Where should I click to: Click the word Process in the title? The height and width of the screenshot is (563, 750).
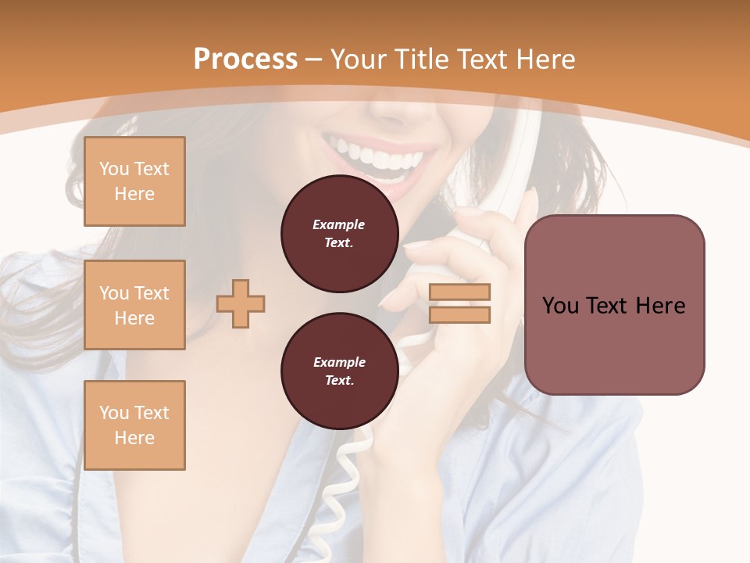point(245,59)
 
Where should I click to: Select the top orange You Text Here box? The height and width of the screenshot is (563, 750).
point(134,181)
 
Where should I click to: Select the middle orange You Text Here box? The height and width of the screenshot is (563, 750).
point(134,305)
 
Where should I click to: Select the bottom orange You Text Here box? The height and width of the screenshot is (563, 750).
point(134,425)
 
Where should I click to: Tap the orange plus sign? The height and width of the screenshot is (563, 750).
point(241,303)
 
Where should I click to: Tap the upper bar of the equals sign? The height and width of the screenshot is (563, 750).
point(459,292)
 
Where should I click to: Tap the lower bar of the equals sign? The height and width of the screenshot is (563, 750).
point(459,314)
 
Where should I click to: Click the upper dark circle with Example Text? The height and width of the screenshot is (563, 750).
point(339,234)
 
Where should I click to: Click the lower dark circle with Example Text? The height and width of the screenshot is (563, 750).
point(339,371)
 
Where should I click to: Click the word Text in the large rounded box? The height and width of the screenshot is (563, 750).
point(614,306)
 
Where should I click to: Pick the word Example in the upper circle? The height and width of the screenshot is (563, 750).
point(339,224)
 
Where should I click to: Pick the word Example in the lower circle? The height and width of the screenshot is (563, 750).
point(339,362)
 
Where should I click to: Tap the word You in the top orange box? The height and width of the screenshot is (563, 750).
point(114,169)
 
